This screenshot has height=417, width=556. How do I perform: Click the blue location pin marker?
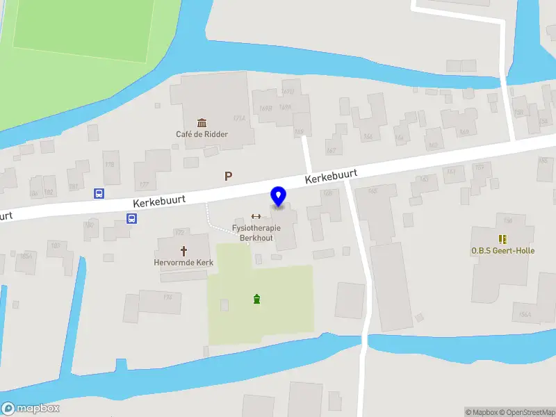(x=279, y=197)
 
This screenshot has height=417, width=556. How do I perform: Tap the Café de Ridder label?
(x=202, y=134)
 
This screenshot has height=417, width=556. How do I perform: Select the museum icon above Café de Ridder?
(x=202, y=122)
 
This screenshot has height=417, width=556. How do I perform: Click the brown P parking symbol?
(x=228, y=177)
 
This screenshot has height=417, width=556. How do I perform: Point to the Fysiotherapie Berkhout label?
(x=256, y=233)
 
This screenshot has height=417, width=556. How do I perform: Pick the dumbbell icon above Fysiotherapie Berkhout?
(x=256, y=216)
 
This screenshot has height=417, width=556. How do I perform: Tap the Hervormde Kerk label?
(x=183, y=263)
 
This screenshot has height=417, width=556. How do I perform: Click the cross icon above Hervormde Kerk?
(x=184, y=250)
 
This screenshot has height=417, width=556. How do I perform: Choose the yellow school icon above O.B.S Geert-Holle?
(x=502, y=238)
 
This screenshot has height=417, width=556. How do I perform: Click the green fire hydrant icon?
(x=257, y=300)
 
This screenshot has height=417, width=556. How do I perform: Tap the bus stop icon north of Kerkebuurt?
(x=99, y=193)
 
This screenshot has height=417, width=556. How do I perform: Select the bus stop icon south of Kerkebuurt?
(x=131, y=218)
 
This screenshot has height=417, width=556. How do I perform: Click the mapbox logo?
(x=31, y=409)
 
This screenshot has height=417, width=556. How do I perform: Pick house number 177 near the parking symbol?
(x=144, y=184)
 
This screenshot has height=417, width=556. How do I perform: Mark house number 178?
(x=108, y=165)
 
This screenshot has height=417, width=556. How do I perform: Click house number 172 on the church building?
(x=179, y=232)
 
